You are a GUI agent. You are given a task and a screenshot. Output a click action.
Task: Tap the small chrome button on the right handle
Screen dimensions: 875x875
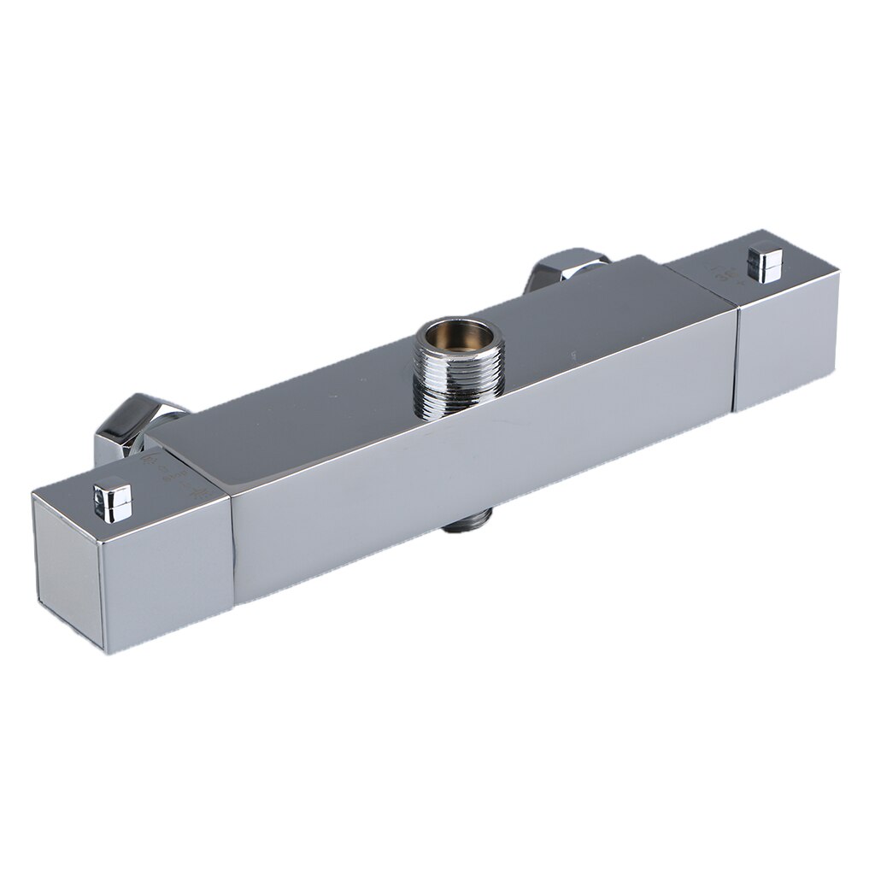point(765,262)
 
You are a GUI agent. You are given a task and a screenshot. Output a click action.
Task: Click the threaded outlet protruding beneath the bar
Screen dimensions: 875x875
point(468,520)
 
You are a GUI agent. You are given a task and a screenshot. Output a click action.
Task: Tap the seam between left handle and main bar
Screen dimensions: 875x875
point(233,547)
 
